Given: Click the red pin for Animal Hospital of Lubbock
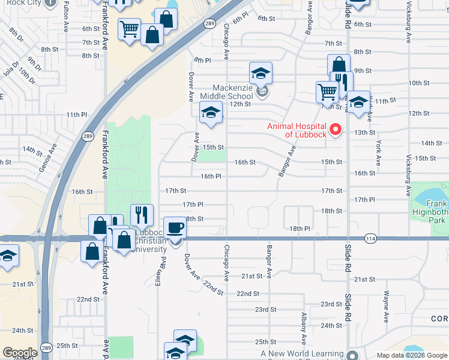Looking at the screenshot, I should [336, 129].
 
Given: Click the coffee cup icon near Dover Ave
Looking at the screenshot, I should [175, 228].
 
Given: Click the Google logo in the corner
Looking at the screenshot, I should [20, 353].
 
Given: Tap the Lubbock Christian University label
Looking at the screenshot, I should [149, 241].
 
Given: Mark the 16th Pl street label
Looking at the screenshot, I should [211, 176].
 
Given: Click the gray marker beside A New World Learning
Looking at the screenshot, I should [352, 354].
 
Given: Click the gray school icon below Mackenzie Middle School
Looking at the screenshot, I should [261, 92].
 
